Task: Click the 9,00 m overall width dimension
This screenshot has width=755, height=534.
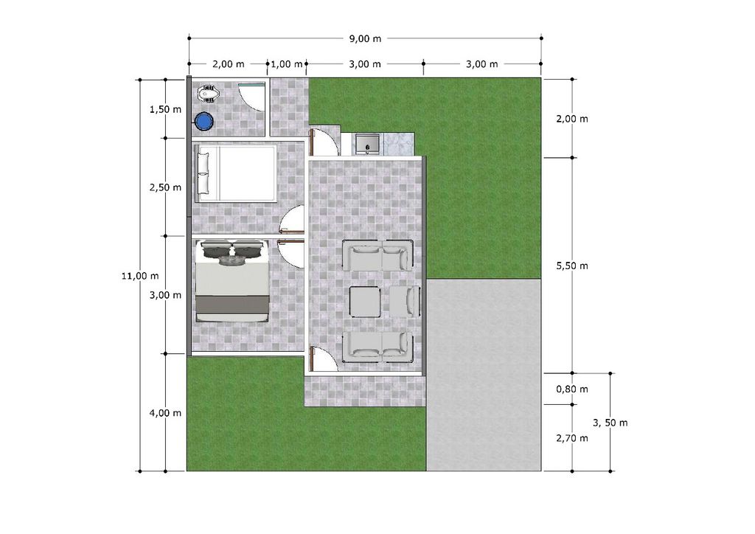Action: point(365,38)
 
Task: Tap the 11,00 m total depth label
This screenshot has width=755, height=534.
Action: point(140,276)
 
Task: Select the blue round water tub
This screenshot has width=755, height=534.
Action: point(204,122)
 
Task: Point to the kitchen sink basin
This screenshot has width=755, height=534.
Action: point(367,144)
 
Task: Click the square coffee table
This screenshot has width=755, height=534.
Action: point(365,302)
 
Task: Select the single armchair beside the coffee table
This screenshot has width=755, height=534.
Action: point(404,302)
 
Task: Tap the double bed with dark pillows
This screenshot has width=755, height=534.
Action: point(232,281)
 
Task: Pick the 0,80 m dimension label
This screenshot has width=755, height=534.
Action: point(572,389)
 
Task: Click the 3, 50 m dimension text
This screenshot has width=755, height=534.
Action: point(610,423)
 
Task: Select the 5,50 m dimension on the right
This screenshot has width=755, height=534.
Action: point(572,266)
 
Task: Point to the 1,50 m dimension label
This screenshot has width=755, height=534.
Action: point(166,109)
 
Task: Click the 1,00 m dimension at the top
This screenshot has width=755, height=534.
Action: point(287,64)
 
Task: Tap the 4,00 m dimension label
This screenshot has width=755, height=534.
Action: point(166,413)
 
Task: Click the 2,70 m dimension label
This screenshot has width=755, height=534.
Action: point(572,438)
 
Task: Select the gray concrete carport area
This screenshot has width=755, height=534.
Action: point(484,375)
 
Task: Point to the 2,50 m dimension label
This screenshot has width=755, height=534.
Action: point(166,187)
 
